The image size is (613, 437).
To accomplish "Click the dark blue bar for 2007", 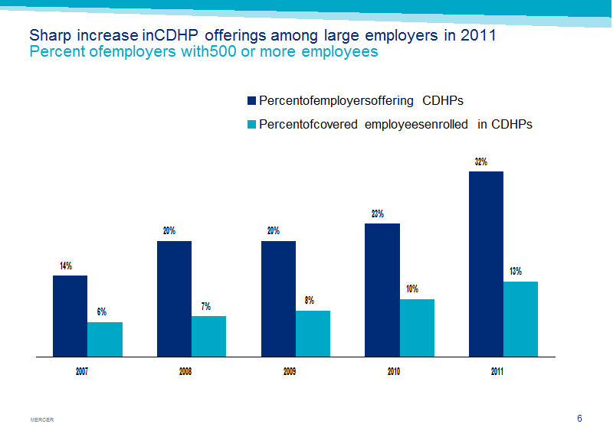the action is coord(70,316).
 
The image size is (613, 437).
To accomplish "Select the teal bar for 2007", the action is coord(105,339).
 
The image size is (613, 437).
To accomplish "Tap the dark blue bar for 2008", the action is coord(175,298).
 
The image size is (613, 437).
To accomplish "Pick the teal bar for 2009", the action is coord(313,334).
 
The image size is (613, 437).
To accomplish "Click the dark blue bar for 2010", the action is coord(382,290).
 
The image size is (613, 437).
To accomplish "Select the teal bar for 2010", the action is coord(417,328).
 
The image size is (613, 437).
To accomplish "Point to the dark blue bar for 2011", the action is coord(486,264).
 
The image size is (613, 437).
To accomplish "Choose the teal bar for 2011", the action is coord(521,319).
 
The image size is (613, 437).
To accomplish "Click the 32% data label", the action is coord(481,161).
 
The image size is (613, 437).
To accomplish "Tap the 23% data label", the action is coord(377,214).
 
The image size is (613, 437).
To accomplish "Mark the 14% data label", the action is coord(66,266).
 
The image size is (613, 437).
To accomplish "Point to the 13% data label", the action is coord(515,271).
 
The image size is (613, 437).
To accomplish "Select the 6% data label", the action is coord(102,311).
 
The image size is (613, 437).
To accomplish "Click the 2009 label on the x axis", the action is coord(290,371).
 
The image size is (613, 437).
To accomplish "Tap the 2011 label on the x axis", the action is coord(497,371).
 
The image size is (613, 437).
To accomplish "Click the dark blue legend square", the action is coord(251,101).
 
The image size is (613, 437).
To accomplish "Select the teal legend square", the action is coord(251,124).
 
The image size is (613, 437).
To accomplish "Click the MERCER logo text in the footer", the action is coord(42,420).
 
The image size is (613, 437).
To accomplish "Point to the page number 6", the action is coord(579,419).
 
